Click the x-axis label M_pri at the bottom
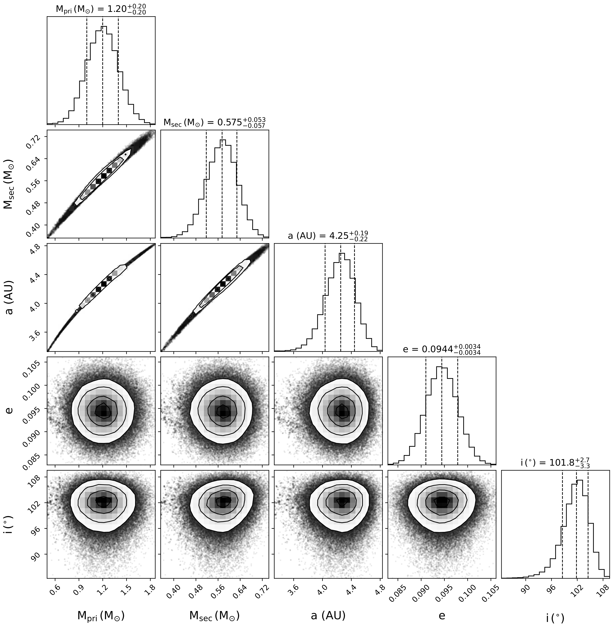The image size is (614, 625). pyautogui.click(x=101, y=607)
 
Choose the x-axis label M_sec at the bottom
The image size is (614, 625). pyautogui.click(x=214, y=607)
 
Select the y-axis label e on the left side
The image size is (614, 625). pyautogui.click(x=10, y=411)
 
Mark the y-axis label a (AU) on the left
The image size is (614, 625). pyautogui.click(x=10, y=297)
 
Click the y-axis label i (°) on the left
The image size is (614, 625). pyautogui.click(x=10, y=524)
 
